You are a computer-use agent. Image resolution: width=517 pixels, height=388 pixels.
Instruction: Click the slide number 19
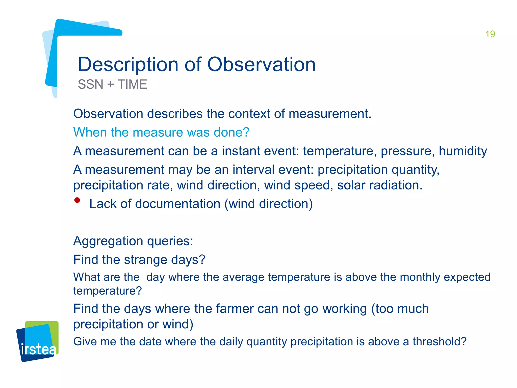490,34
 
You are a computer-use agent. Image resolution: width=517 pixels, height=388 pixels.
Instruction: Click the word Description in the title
128,65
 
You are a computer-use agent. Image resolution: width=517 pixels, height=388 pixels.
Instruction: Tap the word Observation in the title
261,65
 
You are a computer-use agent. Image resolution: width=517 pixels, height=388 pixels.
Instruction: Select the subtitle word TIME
132,84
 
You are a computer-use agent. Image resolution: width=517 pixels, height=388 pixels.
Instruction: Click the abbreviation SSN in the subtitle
90,84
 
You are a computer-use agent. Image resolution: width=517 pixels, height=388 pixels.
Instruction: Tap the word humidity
463,151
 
